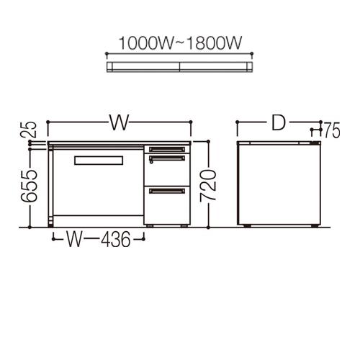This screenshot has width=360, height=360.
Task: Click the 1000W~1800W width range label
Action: point(181,43)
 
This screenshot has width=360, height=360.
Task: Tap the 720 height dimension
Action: point(208,185)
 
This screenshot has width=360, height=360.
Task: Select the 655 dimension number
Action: point(29,186)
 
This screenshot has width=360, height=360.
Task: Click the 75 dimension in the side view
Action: point(332,130)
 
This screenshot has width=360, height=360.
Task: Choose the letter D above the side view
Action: point(279,123)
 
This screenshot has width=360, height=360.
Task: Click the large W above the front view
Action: point(120,122)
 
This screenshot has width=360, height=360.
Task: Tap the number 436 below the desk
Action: point(116,239)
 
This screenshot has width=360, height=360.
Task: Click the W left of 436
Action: point(74,239)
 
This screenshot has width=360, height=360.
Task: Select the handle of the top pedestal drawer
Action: point(167,149)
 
